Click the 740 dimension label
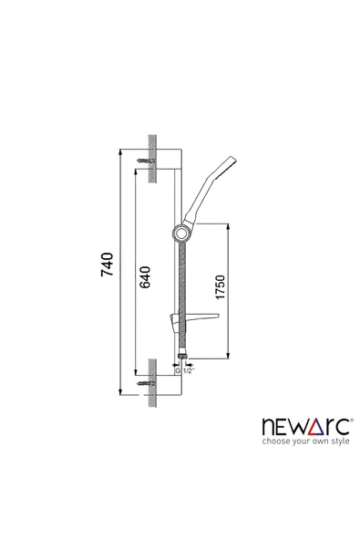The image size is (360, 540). [107, 265]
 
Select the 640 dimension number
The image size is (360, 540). [145, 277]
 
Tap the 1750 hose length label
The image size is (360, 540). [220, 286]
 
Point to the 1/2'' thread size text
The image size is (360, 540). [189, 371]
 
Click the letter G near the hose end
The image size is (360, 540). [178, 371]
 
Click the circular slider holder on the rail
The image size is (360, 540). [180, 234]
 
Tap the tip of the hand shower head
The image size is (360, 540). [233, 160]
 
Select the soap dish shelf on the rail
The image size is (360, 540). [194, 319]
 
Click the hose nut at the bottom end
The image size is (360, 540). [181, 357]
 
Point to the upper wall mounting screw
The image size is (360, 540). [146, 161]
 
